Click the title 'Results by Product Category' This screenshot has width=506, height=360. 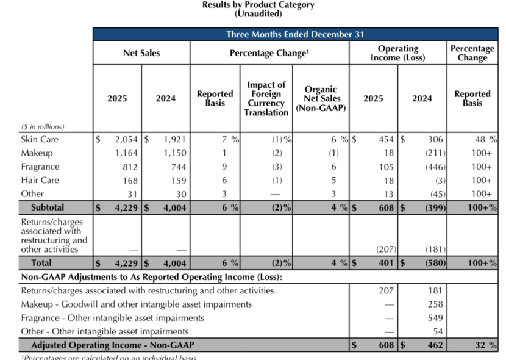[258, 5]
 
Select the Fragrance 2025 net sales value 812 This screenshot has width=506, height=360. [129, 167]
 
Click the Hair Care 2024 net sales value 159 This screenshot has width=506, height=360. [177, 180]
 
